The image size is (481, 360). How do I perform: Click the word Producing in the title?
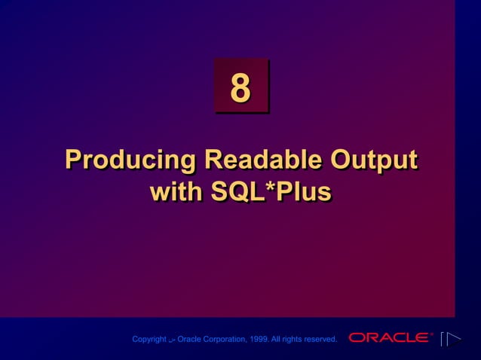[x=130, y=160]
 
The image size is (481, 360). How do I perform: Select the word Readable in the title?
[x=252, y=160]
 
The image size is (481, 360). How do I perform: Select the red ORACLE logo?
[x=389, y=338]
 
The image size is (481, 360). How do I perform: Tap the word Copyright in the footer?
[x=149, y=340]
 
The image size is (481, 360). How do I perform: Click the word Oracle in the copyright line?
[x=189, y=340]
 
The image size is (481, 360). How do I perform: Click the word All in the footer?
[x=279, y=340]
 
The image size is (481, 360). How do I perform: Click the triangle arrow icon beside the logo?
[x=450, y=339]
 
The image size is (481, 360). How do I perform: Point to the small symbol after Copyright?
[x=172, y=340]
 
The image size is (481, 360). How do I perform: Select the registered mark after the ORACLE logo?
[x=432, y=334]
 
